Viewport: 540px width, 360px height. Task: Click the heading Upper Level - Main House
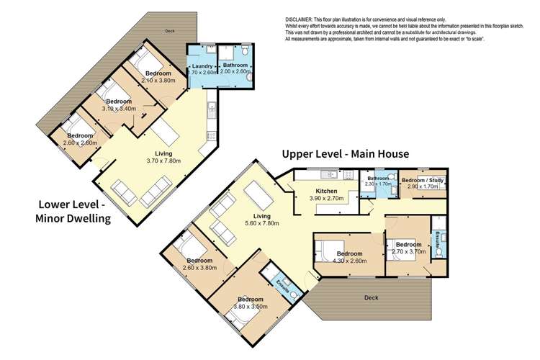coord(346,153)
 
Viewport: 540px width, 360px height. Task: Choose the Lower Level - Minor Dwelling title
coord(72,212)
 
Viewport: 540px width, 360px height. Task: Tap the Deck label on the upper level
coord(371,297)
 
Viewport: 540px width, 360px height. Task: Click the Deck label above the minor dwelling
coord(169,31)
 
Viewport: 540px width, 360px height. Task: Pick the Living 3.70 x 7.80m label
coord(168,157)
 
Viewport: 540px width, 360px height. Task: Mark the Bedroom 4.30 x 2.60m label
coord(349,257)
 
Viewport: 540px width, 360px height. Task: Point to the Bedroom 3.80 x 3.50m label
coord(251,302)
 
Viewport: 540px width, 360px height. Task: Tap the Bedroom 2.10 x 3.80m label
coord(158,77)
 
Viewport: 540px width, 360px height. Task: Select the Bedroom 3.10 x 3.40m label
coord(119,105)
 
